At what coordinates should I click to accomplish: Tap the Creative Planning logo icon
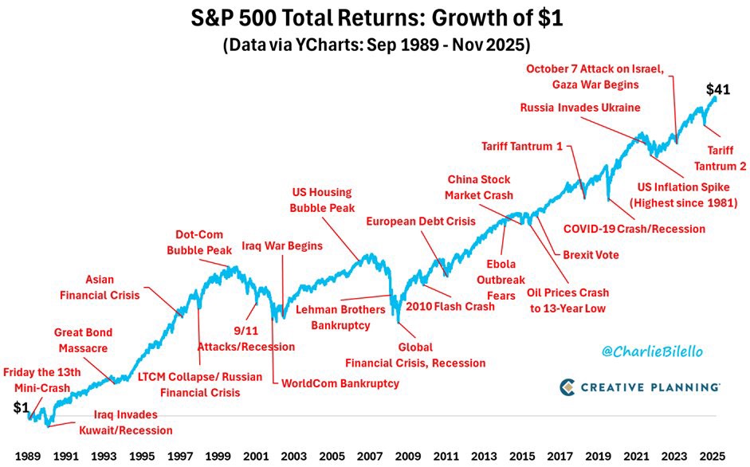(x=568, y=387)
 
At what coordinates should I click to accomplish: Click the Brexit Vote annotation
(x=591, y=255)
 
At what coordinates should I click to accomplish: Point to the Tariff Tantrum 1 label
(x=520, y=146)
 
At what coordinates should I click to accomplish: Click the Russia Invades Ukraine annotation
(x=580, y=108)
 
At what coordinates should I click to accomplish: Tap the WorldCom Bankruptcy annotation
(x=340, y=383)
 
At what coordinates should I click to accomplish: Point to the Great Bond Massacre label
(x=83, y=340)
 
